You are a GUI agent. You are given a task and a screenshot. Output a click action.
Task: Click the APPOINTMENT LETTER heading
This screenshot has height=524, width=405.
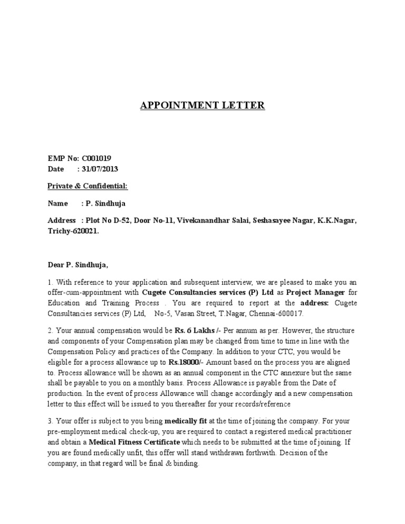[202, 106]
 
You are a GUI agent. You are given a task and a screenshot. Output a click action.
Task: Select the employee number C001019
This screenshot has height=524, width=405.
[96, 158]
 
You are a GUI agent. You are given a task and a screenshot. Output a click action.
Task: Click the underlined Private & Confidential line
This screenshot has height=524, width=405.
[88, 186]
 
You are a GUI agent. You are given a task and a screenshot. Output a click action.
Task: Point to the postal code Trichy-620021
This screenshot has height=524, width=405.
[73, 231]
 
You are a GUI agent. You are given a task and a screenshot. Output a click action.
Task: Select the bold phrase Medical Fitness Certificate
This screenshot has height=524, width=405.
[134, 441]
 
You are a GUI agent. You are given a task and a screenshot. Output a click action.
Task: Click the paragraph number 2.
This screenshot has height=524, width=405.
[50, 331]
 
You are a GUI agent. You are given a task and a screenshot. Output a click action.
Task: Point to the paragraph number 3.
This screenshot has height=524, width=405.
[50, 422]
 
